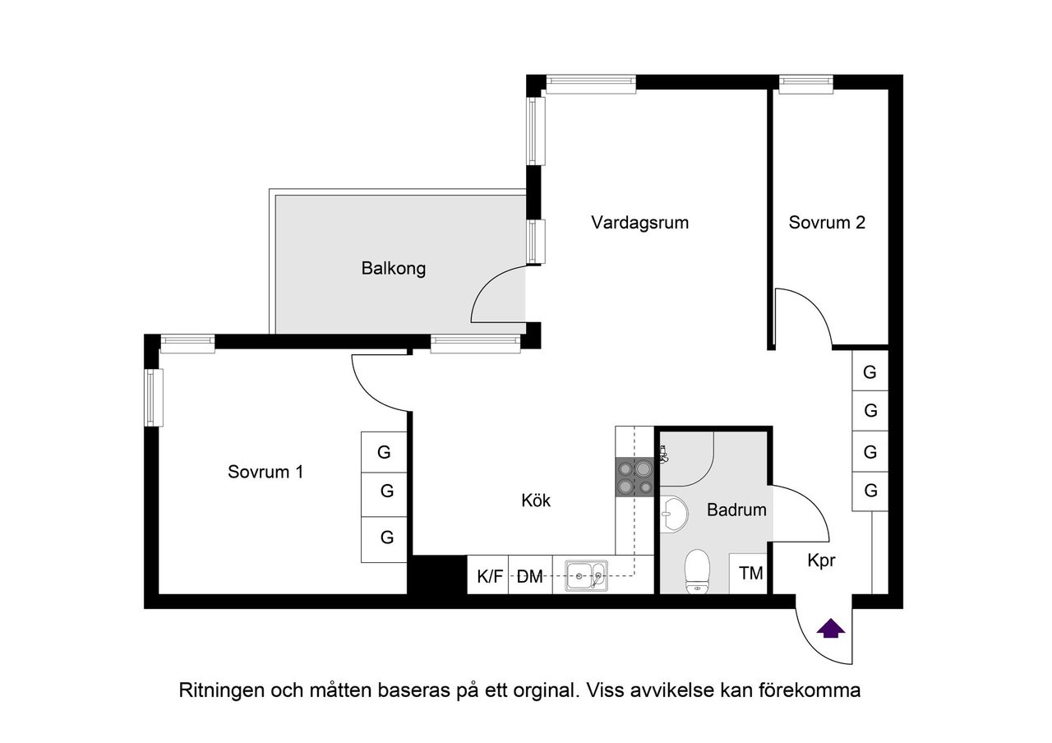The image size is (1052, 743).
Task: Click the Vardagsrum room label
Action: (639, 222)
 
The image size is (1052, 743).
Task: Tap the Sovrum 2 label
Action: (827, 222)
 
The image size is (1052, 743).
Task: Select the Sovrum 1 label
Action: (265, 472)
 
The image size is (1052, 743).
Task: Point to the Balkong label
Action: (394, 268)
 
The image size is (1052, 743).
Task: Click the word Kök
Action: (536, 500)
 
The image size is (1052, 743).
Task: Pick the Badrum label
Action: (736, 510)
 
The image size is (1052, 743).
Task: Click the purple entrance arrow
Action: (831, 629)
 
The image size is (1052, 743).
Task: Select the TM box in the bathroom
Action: (750, 574)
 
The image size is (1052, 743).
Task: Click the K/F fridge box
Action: (489, 576)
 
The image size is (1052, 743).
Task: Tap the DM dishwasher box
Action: (531, 576)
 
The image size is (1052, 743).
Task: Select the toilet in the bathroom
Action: (697, 569)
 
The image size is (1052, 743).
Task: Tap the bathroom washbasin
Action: (676, 513)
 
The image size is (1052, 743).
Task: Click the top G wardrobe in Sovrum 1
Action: (384, 451)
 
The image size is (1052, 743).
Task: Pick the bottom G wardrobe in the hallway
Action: (870, 491)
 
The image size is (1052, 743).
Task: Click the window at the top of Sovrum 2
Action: (805, 82)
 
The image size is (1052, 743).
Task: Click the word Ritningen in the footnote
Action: (221, 690)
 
